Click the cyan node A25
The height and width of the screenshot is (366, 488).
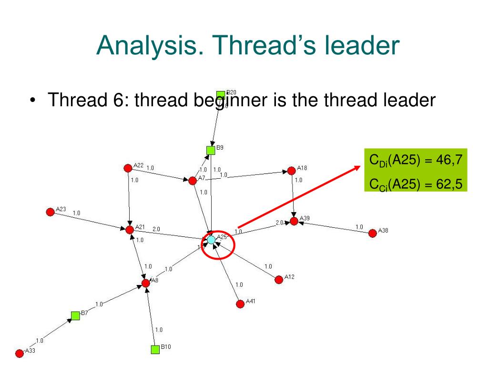coord(211,240)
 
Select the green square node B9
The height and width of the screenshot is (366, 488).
coord(211,151)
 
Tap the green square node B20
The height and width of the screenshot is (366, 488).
coord(221,95)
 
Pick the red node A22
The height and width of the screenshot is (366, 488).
coord(128,168)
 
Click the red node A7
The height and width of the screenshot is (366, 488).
coord(193,181)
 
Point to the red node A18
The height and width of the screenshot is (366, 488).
coord(292,171)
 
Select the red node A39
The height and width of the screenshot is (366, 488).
coord(294,221)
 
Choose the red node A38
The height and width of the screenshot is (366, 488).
coord(373,233)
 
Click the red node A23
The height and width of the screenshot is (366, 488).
coord(50,212)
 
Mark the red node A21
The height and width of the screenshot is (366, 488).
coord(130,230)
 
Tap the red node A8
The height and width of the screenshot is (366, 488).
coord(146,283)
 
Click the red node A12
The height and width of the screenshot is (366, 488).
coord(279,279)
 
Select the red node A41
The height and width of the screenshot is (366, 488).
coord(240,304)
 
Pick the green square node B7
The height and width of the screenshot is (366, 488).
coord(75,315)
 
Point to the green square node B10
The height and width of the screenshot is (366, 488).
coord(155,349)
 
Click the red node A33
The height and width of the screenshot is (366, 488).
coord(20,353)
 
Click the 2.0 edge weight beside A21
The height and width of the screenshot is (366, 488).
coord(156,229)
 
